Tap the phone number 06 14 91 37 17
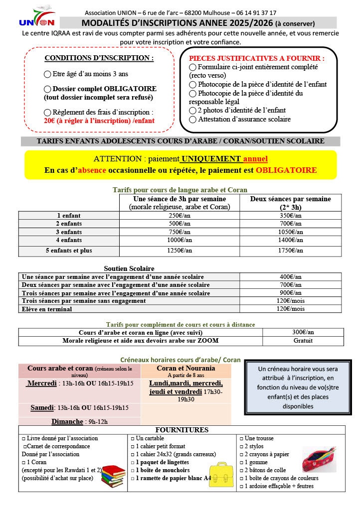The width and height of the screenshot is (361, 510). tap(255, 12)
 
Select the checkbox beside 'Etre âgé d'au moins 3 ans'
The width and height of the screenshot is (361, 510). tap(47, 74)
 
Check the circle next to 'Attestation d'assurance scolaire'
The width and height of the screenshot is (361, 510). tap(192, 120)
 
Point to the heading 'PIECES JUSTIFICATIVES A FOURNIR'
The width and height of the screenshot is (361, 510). tap(256, 58)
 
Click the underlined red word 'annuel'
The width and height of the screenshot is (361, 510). tap(255, 159)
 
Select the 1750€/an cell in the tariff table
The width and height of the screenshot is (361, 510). tap(291, 251)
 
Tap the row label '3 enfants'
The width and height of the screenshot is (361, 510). tap(68, 232)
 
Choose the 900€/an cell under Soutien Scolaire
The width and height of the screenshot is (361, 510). tap(291, 293)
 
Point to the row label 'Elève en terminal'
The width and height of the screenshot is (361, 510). tap(47, 309)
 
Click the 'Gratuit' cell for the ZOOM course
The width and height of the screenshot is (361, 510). tap(303, 341)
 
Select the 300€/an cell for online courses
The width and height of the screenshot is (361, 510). tap(303, 332)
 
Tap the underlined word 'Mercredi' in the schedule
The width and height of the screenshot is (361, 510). tap(41, 384)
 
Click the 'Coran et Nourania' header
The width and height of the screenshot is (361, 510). tap(186, 368)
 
